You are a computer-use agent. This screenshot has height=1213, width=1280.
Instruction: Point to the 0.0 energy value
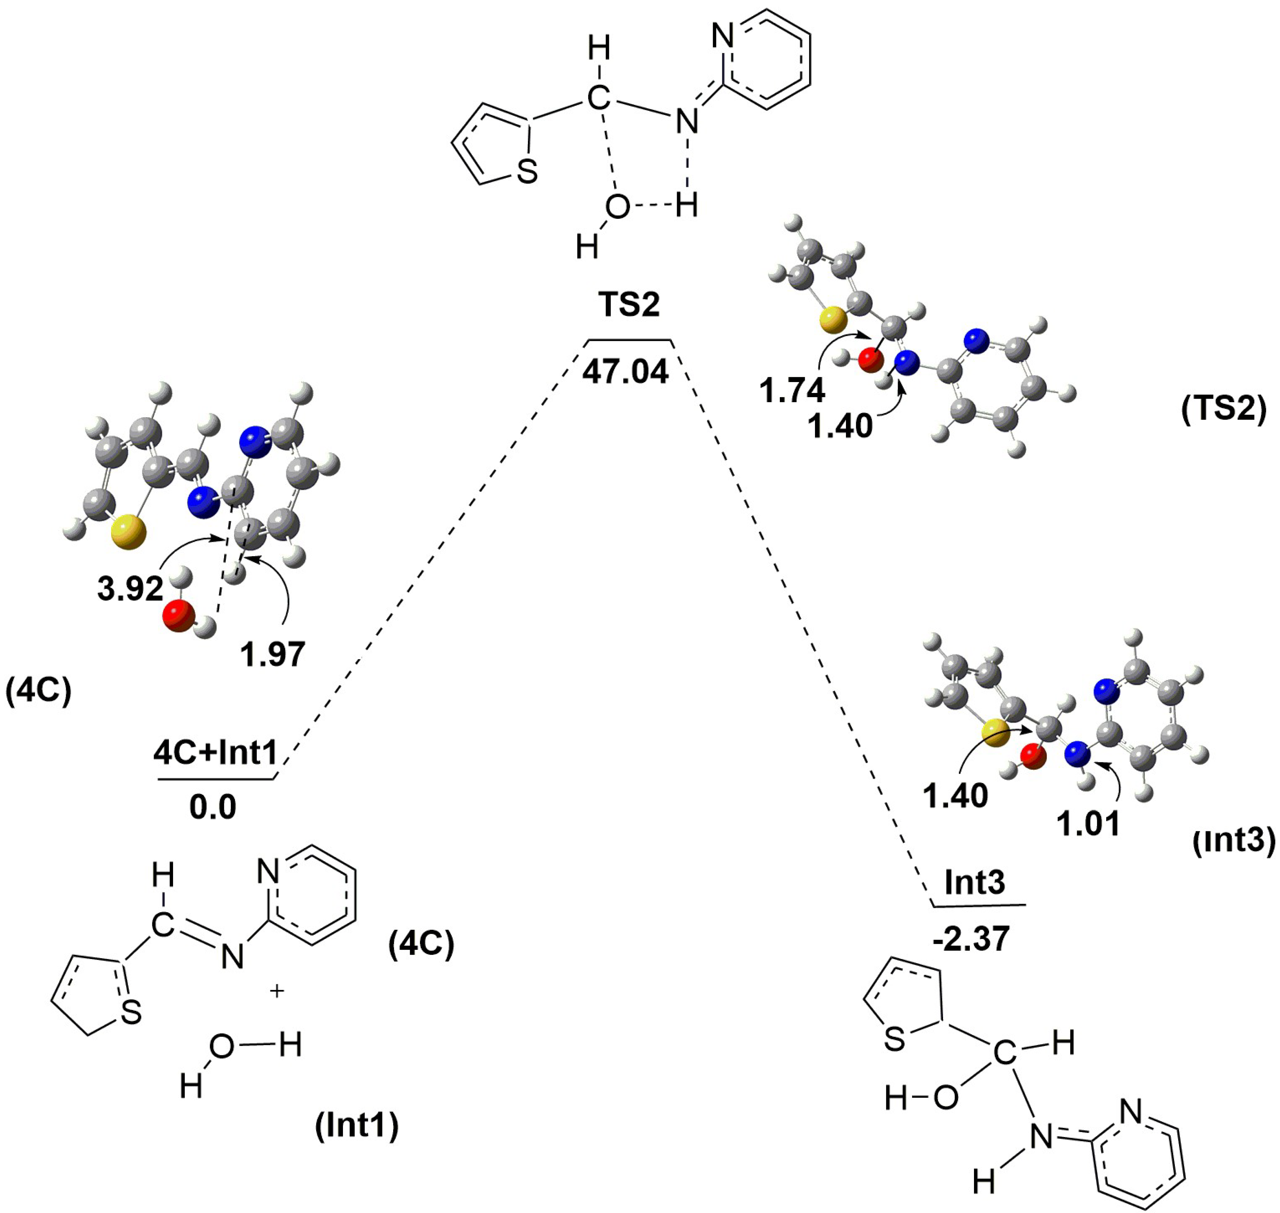pyautogui.click(x=213, y=808)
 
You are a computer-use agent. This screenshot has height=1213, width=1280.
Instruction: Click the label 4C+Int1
pyautogui.click(x=215, y=752)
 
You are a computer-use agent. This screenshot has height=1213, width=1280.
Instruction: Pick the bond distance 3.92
pyautogui.click(x=130, y=589)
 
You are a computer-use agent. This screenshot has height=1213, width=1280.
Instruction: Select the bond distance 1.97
pyautogui.click(x=272, y=654)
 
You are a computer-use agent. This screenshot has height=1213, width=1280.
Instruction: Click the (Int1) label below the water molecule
pyautogui.click(x=357, y=1126)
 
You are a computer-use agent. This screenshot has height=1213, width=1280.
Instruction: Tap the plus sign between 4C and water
pyautogui.click(x=277, y=991)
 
